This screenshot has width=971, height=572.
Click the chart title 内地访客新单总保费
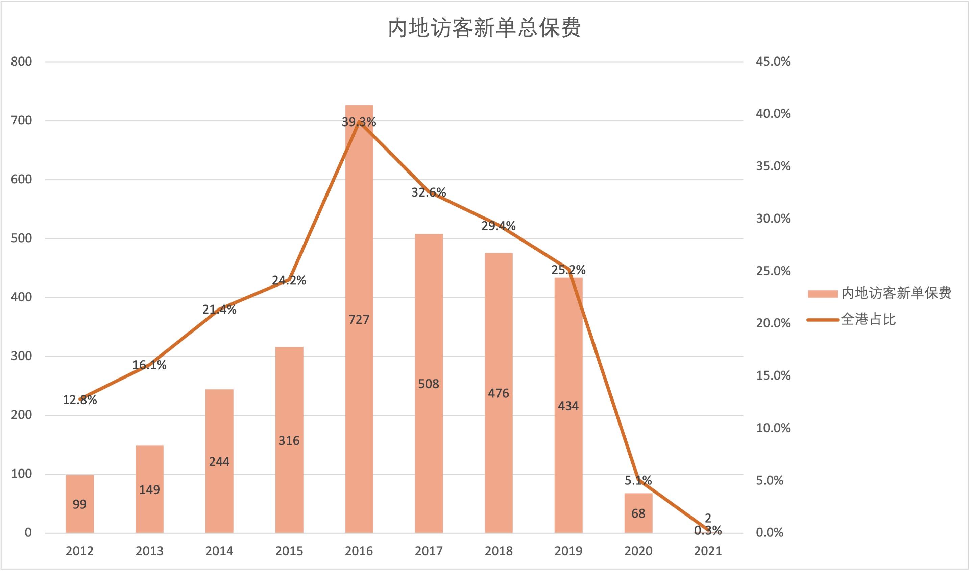click(x=484, y=28)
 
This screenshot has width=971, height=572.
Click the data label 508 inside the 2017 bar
click(x=429, y=384)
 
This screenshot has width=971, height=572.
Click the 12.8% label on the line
click(x=80, y=400)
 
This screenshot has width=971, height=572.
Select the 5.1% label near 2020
click(x=638, y=480)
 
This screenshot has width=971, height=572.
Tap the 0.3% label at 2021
click(x=708, y=531)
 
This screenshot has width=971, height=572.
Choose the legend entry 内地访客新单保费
click(x=896, y=293)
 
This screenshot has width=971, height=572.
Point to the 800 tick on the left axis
click(x=21, y=61)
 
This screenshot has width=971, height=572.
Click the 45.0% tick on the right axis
click(x=773, y=61)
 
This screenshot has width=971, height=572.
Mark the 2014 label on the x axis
click(x=219, y=551)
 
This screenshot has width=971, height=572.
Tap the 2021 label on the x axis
click(x=708, y=551)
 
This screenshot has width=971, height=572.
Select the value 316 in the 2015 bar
click(x=289, y=440)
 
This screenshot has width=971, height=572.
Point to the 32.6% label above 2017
click(x=429, y=192)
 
